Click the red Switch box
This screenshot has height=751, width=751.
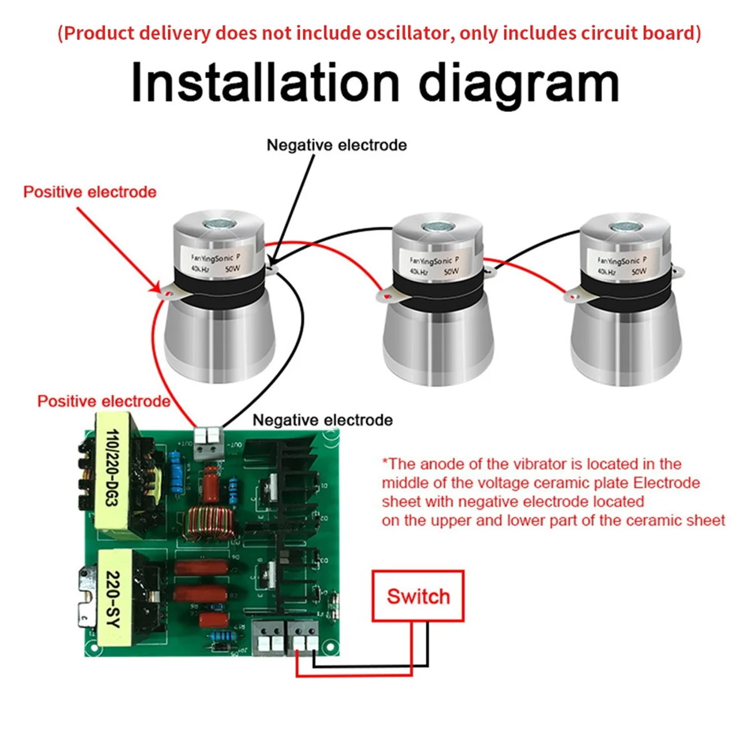pos(417,596)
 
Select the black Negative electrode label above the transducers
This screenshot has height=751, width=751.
pos(337,145)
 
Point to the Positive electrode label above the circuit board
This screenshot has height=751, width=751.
pos(104,401)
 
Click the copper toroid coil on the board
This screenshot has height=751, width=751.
pos(207,524)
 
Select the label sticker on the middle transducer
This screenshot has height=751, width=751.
pos(434,265)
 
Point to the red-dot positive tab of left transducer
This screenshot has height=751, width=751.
pos(166,290)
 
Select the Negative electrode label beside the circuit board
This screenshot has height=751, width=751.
pos(322,420)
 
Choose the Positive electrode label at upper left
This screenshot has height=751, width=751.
pos(89,192)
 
